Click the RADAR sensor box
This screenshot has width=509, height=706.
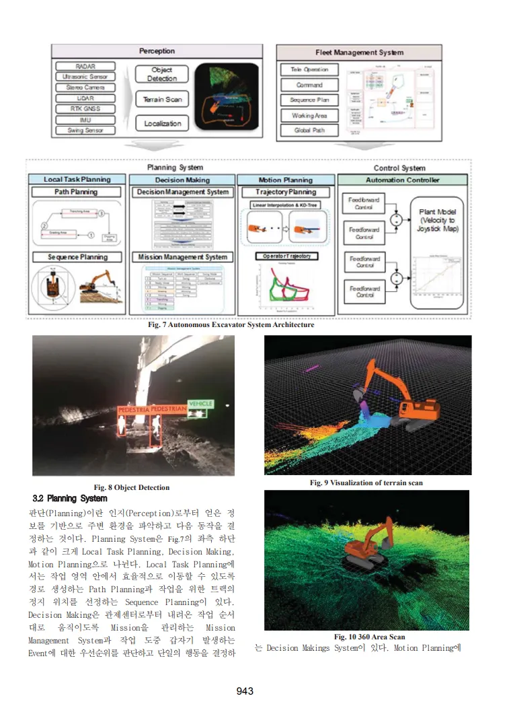[85, 67]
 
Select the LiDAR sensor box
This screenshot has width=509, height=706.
[85, 98]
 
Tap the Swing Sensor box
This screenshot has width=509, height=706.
[85, 130]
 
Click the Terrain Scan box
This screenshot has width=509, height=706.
[162, 100]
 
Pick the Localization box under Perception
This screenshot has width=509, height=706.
[162, 123]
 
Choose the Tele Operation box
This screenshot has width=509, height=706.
[309, 70]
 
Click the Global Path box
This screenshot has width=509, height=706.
[309, 131]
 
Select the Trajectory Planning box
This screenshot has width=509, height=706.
[286, 192]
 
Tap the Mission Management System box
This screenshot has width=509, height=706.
[182, 257]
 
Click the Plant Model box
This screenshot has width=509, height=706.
[437, 220]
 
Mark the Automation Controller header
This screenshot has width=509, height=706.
[402, 180]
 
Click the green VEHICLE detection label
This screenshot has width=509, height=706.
[200, 404]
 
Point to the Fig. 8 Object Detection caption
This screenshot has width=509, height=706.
[132, 487]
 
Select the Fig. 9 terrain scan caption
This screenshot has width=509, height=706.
[366, 483]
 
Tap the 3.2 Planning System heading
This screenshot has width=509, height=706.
[70, 499]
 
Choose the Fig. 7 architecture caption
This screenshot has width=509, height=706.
[231, 325]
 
